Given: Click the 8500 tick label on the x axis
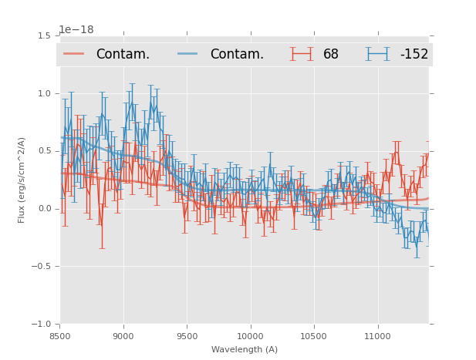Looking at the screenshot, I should pos(60,336).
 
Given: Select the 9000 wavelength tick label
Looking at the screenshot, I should pos(123,336).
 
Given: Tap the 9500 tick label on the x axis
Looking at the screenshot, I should pos(187,336).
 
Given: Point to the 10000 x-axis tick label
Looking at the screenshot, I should pos(250,336).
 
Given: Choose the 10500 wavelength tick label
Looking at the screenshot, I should pos(313,336).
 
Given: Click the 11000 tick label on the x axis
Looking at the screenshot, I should pos(377,336).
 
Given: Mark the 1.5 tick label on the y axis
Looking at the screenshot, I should pos(43,35).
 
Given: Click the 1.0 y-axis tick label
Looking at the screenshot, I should pos(43,93).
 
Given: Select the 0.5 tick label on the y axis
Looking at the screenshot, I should pos(43,151).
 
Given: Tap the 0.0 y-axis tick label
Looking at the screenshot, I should pos(43,209).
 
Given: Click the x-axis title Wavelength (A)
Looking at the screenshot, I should pos(245,350).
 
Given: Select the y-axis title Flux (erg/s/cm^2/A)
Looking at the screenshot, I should pos(22,180).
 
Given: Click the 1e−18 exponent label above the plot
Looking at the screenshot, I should pos(76,30).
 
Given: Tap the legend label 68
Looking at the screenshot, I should pos(331,55).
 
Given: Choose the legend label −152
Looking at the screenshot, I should pos(414,55).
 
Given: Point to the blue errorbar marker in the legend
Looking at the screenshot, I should pos(377,54).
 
